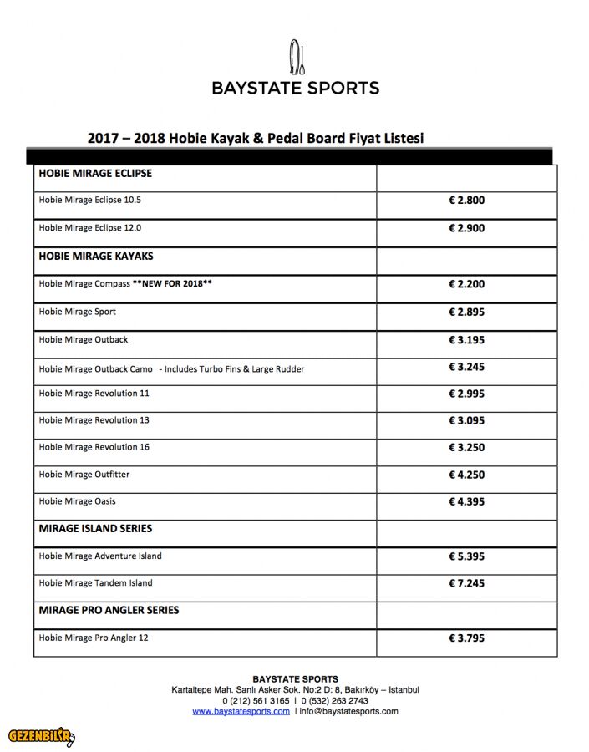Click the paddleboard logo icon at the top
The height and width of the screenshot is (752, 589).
[x=297, y=56]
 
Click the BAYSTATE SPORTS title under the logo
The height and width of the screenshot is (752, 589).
[x=296, y=88]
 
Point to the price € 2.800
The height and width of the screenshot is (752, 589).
[x=466, y=201]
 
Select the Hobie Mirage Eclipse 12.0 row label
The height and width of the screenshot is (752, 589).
[x=90, y=228]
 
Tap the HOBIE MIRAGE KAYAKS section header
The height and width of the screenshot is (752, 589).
[x=96, y=257]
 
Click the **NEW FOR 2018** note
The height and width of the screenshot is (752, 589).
[x=172, y=284]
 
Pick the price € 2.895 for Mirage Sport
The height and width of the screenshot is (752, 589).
[x=466, y=312]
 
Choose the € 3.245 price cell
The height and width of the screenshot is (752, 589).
[x=466, y=367]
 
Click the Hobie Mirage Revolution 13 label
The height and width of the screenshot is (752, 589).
[x=94, y=420]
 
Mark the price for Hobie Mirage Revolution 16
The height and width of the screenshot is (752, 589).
[x=466, y=448]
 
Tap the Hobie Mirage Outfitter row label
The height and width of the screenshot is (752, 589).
[x=84, y=475]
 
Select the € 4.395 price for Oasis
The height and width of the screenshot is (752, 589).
[x=466, y=502]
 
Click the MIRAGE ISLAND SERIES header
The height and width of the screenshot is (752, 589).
[x=95, y=529]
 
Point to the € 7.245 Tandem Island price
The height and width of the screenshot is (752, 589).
[x=466, y=583]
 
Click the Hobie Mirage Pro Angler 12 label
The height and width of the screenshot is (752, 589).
[x=94, y=638]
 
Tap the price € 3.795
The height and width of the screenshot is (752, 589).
[x=466, y=638]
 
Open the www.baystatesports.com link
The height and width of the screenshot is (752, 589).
[x=241, y=712]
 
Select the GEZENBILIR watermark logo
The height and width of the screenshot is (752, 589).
[x=41, y=737]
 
